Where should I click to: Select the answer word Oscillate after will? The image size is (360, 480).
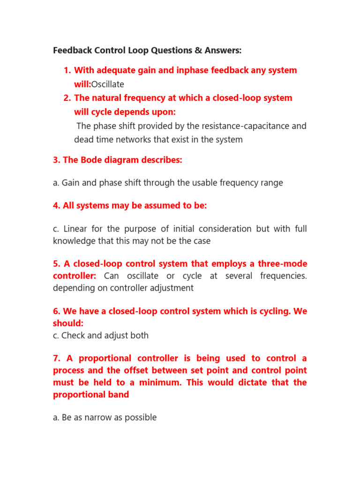point(108,84)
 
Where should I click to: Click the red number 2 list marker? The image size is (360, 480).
point(66,98)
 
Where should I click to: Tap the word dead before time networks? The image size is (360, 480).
point(84,140)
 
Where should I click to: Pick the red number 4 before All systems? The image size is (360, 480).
point(56,206)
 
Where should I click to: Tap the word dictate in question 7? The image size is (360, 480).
point(247,382)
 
